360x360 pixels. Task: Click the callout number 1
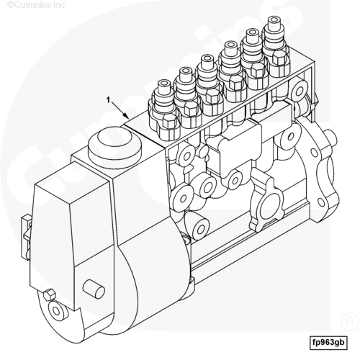click(x=109, y=99)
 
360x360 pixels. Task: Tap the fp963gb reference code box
click(x=328, y=343)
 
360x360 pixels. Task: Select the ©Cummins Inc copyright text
click(x=36, y=4)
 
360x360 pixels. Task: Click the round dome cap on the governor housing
click(x=114, y=147)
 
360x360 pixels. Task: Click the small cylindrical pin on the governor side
click(x=94, y=289)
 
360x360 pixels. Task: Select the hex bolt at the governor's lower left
click(x=49, y=294)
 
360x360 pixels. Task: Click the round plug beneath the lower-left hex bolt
click(x=56, y=311)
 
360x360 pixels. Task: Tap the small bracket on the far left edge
click(x=27, y=237)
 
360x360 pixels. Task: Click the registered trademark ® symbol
click(x=350, y=322)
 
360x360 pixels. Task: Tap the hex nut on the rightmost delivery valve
click(x=280, y=58)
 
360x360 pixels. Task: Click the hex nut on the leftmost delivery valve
click(x=170, y=122)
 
